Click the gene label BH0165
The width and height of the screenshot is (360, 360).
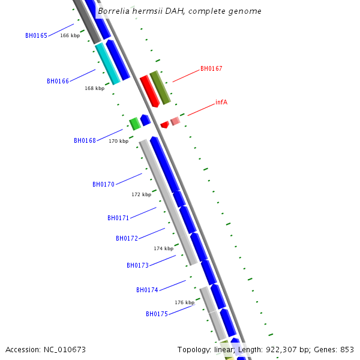tap(36, 35)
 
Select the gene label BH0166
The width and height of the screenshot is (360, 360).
tap(58, 81)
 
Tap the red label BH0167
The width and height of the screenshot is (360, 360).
tap(211, 68)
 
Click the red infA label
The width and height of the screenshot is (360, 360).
tap(221, 102)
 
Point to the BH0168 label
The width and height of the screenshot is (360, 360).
tap(85, 140)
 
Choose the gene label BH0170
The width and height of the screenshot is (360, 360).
tap(103, 184)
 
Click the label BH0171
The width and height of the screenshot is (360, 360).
tap(118, 218)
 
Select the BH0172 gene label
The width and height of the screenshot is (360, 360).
tap(127, 238)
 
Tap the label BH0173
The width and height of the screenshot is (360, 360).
tap(137, 265)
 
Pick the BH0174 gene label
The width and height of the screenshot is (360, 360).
tap(147, 290)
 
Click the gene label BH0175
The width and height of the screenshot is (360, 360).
tap(157, 314)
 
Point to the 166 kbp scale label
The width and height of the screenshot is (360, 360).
tap(70, 35)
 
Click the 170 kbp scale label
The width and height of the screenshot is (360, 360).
tap(118, 141)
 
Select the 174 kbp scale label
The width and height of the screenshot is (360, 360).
tap(163, 248)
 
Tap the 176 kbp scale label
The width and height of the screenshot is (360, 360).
tap(184, 302)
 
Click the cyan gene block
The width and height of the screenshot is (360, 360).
tap(108, 64)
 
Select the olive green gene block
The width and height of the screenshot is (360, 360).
tap(160, 88)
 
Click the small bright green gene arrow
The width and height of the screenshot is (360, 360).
tap(135, 124)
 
